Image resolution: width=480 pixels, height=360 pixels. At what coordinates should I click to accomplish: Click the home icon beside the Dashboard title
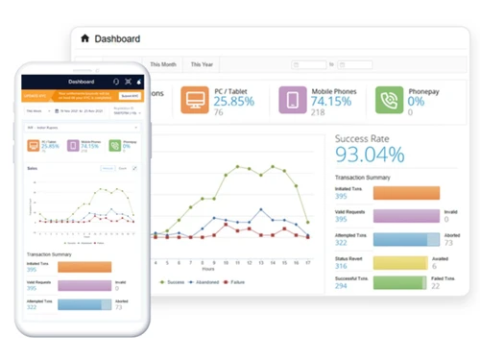(x=85, y=38)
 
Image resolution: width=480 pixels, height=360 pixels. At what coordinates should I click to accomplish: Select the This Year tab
(x=202, y=63)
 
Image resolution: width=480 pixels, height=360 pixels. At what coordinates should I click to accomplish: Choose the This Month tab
(x=163, y=63)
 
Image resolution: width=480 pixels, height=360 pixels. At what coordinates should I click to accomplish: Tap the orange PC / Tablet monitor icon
(x=193, y=101)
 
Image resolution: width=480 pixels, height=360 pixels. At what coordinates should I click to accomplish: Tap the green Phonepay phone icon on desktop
(x=390, y=101)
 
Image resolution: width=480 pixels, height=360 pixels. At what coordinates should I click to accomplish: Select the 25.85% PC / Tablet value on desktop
(x=235, y=101)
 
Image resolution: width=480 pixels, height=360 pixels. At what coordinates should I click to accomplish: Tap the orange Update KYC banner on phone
(x=77, y=96)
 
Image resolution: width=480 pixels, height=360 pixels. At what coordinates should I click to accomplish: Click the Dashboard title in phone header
(x=82, y=82)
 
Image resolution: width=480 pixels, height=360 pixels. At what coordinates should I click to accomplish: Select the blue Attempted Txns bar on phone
(x=82, y=305)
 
